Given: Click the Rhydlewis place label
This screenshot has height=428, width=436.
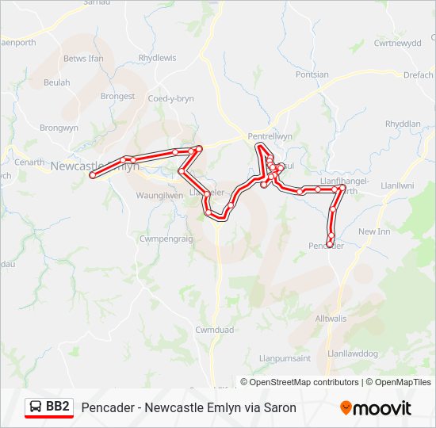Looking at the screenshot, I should click(157, 58).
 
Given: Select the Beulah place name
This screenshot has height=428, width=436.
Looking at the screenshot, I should click(57, 82).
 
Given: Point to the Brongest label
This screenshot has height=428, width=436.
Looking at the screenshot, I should click(117, 96).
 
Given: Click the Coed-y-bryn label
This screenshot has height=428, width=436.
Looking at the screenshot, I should click(171, 98).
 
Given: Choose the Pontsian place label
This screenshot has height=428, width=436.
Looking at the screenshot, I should click(312, 75).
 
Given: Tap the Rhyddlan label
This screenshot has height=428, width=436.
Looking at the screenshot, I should click(403, 124).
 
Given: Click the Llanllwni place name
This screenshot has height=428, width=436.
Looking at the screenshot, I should click(398, 185).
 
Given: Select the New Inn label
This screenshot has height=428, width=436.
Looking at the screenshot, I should click(374, 231).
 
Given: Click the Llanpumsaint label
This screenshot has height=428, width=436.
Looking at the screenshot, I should click(284, 358).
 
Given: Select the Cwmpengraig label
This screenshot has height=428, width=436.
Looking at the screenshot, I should click(166, 238).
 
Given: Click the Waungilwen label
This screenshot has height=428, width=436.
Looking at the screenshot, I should click(159, 195).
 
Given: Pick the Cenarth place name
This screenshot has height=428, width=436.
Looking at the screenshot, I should click(30, 162).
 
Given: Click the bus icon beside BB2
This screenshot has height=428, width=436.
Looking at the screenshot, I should click(36, 407).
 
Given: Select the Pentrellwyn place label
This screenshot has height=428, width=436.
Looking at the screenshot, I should click(270, 136).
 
